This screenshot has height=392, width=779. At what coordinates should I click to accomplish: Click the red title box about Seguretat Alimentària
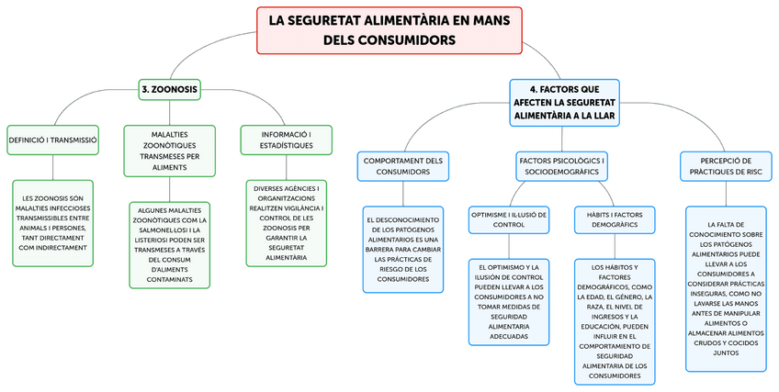(x=389, y=29)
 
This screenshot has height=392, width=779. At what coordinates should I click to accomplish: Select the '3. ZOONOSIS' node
(x=170, y=90)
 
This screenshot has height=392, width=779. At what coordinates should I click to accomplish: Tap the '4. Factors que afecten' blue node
(x=564, y=102)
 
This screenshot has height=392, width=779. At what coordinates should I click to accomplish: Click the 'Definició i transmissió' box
(x=52, y=140)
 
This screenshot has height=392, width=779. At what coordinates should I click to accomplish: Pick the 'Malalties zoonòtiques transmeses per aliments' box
(x=169, y=151)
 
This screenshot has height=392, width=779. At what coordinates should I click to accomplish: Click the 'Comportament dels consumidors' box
(x=403, y=165)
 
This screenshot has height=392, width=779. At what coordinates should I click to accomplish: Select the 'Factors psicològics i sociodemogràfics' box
(x=564, y=165)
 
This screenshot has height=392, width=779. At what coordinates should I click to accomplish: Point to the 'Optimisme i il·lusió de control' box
(x=508, y=218)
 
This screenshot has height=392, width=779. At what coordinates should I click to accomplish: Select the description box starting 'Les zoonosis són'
(x=52, y=223)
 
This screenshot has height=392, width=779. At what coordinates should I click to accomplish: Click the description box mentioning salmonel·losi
(x=169, y=247)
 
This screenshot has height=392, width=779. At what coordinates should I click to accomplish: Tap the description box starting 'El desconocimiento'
(x=403, y=248)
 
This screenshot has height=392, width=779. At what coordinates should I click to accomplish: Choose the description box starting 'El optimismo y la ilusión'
(x=509, y=302)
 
